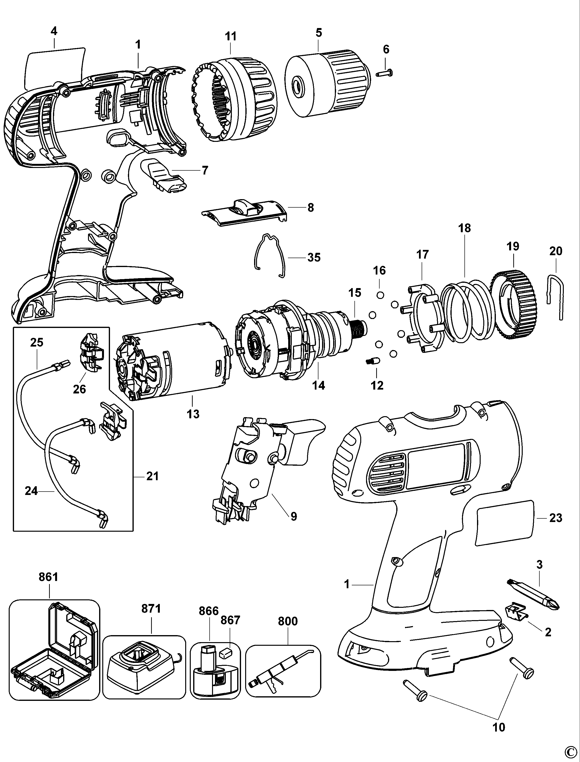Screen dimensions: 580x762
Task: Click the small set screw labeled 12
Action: click(373, 362)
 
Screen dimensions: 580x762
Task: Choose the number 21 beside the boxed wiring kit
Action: click(152, 476)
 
